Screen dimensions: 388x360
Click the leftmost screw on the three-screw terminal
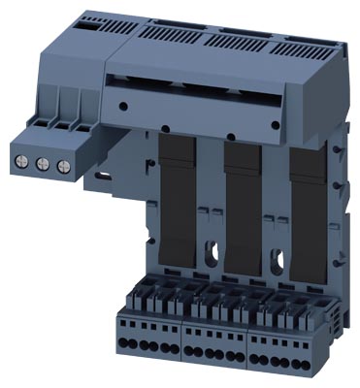coord(24,163)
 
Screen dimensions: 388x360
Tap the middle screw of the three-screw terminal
coord(43,164)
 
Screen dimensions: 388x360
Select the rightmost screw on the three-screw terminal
coord(61,166)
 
